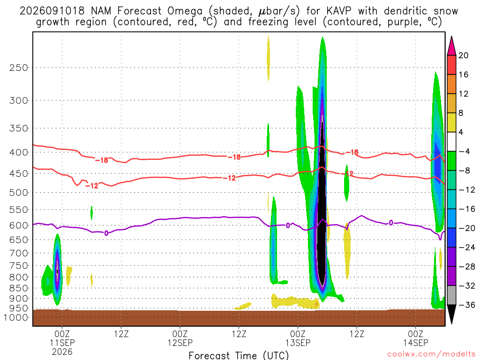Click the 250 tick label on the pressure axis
click(x=19, y=67)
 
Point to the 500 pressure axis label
click(x=19, y=193)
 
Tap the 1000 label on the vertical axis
click(x=16, y=317)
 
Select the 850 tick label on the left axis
click(x=19, y=288)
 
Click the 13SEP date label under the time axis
click(x=298, y=343)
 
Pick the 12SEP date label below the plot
click(x=180, y=343)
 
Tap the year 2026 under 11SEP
click(x=62, y=352)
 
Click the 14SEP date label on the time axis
click(x=416, y=343)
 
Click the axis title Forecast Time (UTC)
click(x=239, y=355)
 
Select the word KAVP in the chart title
click(x=339, y=11)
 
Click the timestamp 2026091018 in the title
click(x=52, y=11)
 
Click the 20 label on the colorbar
click(x=464, y=55)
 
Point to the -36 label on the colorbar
click(x=467, y=305)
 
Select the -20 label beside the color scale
click(x=467, y=228)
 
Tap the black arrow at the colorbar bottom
click(x=451, y=313)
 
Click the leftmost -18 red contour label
click(x=102, y=160)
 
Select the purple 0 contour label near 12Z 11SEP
click(x=106, y=233)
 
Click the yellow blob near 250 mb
click(x=269, y=58)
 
